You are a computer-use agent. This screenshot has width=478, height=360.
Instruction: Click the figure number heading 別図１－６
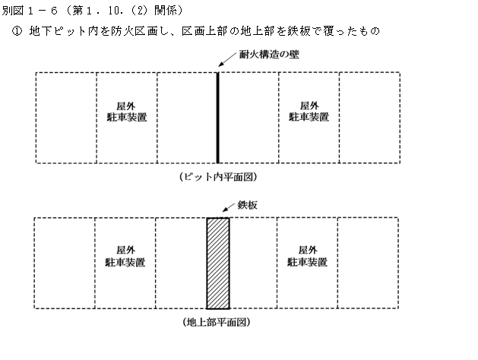pyautogui.click(x=30, y=11)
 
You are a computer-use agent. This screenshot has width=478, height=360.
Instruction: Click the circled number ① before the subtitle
pyautogui.click(x=17, y=31)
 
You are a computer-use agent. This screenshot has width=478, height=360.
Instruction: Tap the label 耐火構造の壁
pyautogui.click(x=269, y=55)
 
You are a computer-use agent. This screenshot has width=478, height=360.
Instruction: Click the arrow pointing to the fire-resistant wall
pyautogui.click(x=227, y=59)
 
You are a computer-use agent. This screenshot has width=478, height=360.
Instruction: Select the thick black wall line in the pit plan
pyautogui.click(x=217, y=118)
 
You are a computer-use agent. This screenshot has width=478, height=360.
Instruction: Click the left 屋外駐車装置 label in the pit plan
pyautogui.click(x=127, y=112)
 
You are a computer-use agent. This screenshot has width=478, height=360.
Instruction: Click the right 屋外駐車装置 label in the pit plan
pyautogui.click(x=309, y=112)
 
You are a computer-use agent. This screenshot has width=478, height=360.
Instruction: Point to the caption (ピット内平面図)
pyautogui.click(x=218, y=177)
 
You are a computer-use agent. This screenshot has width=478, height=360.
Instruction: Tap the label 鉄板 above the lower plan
pyautogui.click(x=248, y=205)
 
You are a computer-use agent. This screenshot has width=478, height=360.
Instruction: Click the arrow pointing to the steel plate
pyautogui.click(x=229, y=207)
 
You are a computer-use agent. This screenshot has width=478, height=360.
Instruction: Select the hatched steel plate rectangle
pyautogui.click(x=218, y=264)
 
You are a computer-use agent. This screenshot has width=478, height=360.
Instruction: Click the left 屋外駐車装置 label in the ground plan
pyautogui.click(x=125, y=257)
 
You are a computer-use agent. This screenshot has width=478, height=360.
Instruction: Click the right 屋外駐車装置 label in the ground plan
pyautogui.click(x=307, y=257)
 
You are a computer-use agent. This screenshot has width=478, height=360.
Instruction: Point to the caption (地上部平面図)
pyautogui.click(x=217, y=322)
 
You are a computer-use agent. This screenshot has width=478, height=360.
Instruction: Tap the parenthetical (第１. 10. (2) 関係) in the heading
pyautogui.click(x=124, y=11)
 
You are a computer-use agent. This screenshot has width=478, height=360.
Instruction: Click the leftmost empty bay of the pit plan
pyautogui.click(x=66, y=118)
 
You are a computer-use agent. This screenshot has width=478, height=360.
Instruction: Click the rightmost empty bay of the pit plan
pyautogui.click(x=369, y=118)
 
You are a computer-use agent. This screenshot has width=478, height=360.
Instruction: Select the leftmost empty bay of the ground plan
pyautogui.click(x=65, y=263)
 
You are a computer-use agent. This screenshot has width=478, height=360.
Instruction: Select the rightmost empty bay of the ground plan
pyautogui.click(x=368, y=263)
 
